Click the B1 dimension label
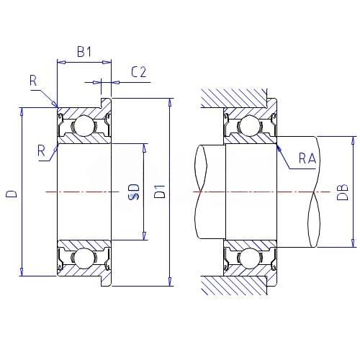point(84,52)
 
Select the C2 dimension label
point(138,72)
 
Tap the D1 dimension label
point(160,192)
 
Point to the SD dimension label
point(134,192)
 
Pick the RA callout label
point(307,158)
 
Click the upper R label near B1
point(33,81)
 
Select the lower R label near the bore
point(41,151)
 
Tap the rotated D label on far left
point(12,194)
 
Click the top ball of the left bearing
point(84,125)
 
